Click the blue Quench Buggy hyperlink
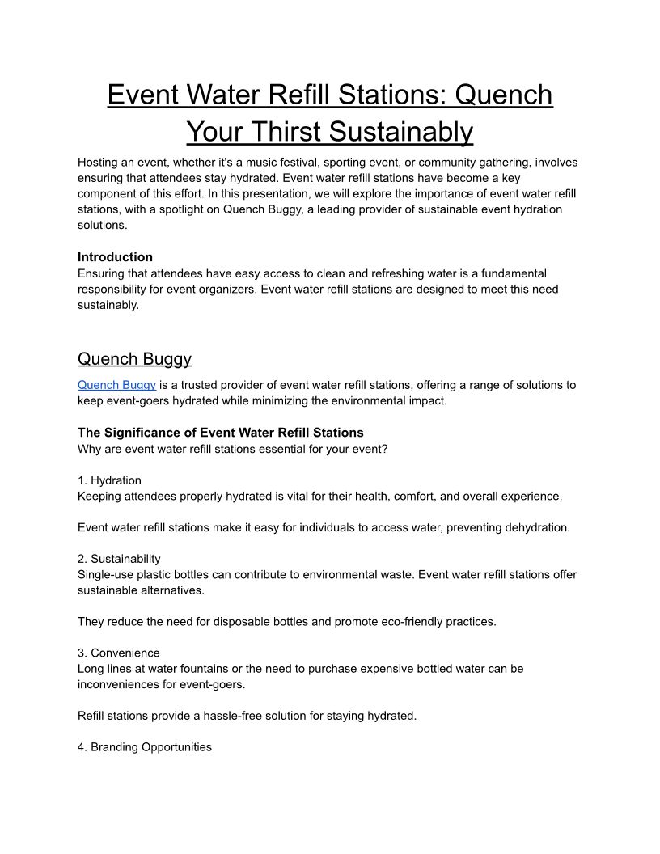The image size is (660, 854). click(116, 385)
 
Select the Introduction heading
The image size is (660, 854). click(115, 257)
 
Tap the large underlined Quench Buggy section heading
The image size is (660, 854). click(134, 358)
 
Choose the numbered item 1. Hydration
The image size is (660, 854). click(109, 480)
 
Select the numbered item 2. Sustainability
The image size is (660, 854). click(119, 559)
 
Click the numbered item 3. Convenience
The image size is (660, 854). click(119, 653)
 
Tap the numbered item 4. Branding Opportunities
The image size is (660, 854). click(145, 747)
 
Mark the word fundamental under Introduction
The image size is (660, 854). click(512, 273)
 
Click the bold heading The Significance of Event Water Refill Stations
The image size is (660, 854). click(221, 433)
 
